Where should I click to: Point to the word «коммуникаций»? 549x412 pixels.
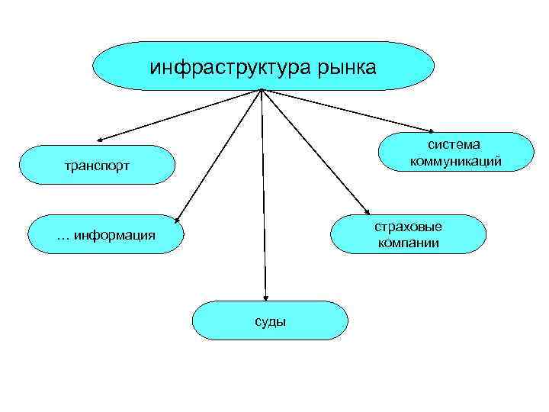(455, 161)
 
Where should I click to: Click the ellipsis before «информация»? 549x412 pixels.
(64, 236)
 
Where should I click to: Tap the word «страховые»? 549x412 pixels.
(408, 227)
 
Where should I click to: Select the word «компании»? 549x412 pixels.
(408, 243)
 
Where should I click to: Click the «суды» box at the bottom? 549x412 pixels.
(270, 320)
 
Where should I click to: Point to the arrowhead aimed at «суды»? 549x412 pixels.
(266, 298)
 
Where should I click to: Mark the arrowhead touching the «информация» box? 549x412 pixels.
(177, 220)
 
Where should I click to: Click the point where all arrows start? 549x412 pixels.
(262, 90)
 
